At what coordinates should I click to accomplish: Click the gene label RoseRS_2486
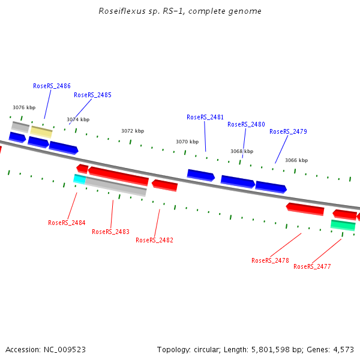(x=52, y=86)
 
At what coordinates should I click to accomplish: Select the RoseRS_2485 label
(x=92, y=95)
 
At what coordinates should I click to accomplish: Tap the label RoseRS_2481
(x=205, y=117)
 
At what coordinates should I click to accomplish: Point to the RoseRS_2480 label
(x=246, y=124)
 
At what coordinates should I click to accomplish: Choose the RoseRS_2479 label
(x=288, y=131)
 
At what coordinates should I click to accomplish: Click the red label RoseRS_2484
(x=67, y=223)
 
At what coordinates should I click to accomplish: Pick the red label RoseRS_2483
(x=110, y=232)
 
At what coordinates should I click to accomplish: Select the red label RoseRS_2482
(x=154, y=240)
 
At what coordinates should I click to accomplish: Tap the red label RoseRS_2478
(x=270, y=260)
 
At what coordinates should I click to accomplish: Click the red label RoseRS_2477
(x=312, y=266)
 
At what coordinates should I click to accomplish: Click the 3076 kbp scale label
(x=24, y=107)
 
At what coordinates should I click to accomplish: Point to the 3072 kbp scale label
(x=133, y=131)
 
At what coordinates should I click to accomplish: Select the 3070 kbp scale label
(x=187, y=142)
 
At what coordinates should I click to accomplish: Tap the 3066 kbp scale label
(x=296, y=160)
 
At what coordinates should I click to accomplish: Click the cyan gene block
(x=79, y=179)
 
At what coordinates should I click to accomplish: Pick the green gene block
(x=343, y=225)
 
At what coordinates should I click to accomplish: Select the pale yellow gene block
(x=41, y=131)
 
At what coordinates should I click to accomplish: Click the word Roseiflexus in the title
(x=118, y=11)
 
